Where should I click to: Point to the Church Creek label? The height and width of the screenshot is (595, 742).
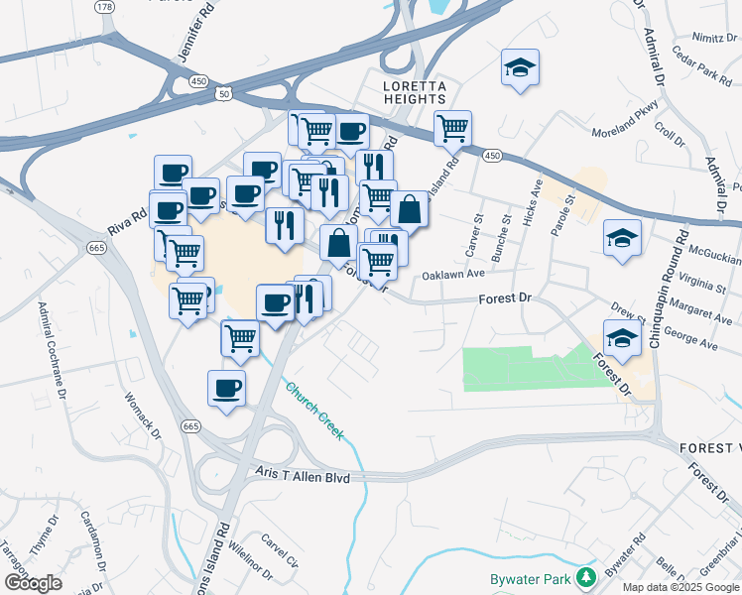(314, 411)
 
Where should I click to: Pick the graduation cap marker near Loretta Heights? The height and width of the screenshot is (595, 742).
(520, 68)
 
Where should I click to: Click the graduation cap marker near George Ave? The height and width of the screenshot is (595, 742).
(622, 338)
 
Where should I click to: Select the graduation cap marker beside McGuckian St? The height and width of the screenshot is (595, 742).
(622, 238)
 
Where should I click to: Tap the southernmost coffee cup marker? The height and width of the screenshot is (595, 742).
(227, 387)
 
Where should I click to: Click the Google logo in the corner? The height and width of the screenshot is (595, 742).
(34, 582)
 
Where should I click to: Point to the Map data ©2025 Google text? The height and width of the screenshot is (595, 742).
(680, 587)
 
